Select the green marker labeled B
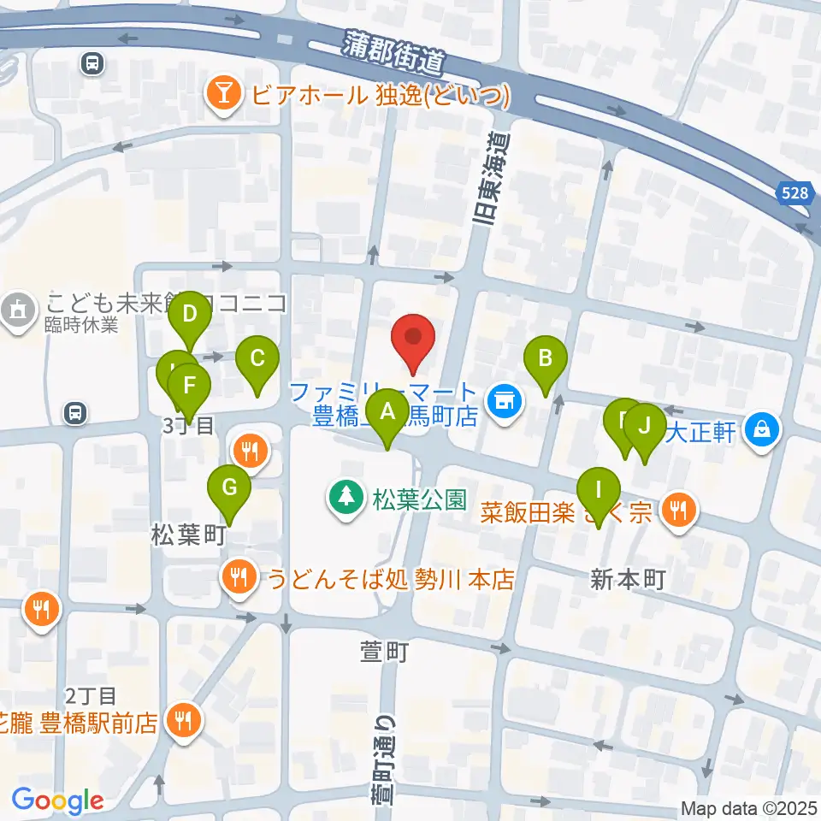click(546, 360)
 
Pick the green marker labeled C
click(258, 360)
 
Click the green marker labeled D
click(190, 315)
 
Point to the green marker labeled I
click(598, 491)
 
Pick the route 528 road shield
click(794, 193)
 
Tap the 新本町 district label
click(627, 580)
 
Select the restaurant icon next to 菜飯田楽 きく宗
click(679, 511)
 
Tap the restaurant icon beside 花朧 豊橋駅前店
click(183, 719)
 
